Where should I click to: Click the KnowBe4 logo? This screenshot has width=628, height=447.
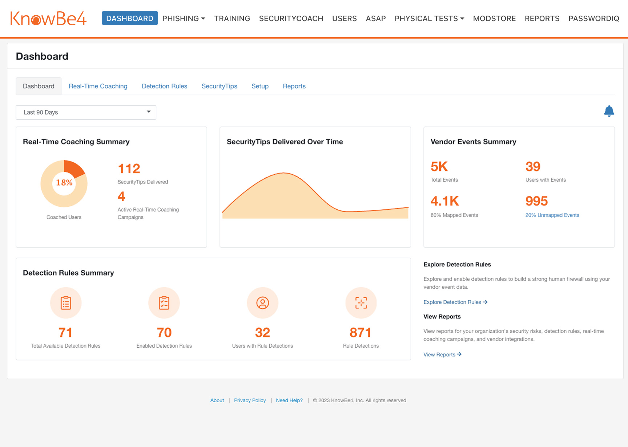tap(48, 19)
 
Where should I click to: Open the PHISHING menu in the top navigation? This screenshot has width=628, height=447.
tap(184, 19)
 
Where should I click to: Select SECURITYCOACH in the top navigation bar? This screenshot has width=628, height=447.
tap(291, 19)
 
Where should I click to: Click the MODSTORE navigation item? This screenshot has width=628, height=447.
tap(494, 19)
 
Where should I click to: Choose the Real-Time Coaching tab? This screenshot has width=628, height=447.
tap(98, 86)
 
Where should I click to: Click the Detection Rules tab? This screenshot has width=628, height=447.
tap(164, 86)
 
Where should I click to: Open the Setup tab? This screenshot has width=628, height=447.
tap(260, 86)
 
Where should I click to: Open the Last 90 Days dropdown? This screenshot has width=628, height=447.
tap(86, 112)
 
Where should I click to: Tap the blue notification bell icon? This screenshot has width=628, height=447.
tap(609, 111)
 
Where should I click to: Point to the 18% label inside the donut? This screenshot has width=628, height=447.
tap(64, 183)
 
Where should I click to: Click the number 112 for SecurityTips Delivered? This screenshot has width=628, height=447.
tap(129, 169)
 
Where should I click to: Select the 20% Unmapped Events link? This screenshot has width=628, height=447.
tap(552, 215)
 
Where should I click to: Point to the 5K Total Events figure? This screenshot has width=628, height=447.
tap(439, 167)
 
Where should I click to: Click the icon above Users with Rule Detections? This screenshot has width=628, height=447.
tap(262, 303)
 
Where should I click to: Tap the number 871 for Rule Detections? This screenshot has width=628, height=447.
tap(360, 333)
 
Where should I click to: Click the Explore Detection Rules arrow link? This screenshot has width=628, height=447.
tap(455, 302)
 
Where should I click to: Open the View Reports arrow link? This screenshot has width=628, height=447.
tap(442, 355)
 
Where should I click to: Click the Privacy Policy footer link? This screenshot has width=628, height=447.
tap(250, 400)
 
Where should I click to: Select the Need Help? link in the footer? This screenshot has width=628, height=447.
tap(289, 400)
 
